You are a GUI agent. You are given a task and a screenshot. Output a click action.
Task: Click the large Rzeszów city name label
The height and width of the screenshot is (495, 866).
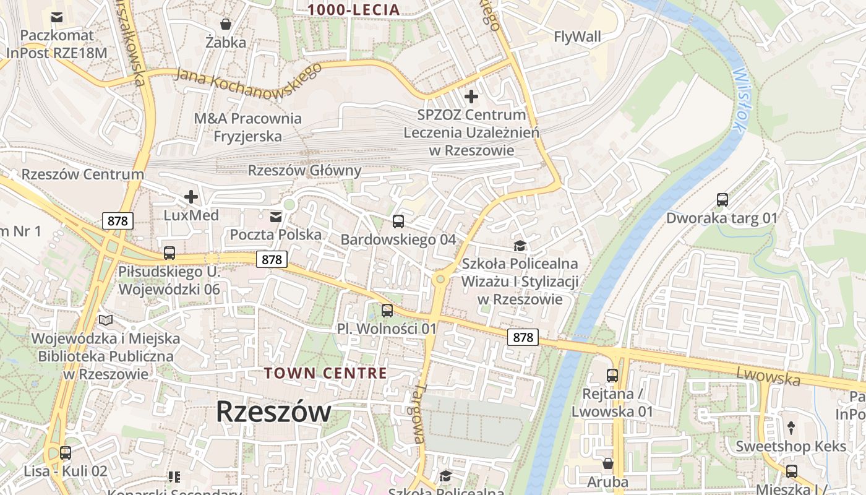(x=273, y=412)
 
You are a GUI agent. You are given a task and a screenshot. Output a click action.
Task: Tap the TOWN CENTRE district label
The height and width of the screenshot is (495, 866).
(x=325, y=373)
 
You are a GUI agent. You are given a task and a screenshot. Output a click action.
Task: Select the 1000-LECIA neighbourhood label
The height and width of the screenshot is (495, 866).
(x=354, y=9)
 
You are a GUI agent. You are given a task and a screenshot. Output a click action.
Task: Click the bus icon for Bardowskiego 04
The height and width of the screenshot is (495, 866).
(x=398, y=222)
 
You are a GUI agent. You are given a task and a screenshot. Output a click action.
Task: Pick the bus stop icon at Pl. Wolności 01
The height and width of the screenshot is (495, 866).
(x=387, y=311)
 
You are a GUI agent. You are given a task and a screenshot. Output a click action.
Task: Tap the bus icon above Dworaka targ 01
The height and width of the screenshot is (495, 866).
(x=722, y=200)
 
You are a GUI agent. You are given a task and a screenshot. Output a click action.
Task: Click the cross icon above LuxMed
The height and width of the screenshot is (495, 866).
(x=191, y=197)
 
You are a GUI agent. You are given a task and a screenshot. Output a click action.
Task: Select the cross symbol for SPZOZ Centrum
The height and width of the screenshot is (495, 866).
(x=471, y=97)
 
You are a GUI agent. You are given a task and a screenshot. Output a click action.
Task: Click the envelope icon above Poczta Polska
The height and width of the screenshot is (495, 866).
(x=276, y=217)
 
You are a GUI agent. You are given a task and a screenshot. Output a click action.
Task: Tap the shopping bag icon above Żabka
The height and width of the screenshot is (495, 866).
(x=226, y=24)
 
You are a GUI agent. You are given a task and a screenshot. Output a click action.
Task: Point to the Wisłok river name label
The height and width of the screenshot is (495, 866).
(x=738, y=99)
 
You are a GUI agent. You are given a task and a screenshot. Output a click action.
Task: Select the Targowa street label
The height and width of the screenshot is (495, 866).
(x=419, y=413)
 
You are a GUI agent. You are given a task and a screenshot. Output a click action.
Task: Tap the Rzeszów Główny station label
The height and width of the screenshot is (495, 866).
(x=304, y=170)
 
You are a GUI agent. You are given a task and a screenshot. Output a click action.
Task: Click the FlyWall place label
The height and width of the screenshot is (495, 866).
(x=577, y=37)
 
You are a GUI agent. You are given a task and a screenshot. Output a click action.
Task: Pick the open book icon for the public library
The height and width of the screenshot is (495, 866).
(x=106, y=321)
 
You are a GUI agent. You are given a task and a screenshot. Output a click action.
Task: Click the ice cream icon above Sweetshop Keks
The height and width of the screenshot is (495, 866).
(x=791, y=428)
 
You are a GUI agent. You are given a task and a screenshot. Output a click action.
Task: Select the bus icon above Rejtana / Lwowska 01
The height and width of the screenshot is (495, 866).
(x=612, y=376)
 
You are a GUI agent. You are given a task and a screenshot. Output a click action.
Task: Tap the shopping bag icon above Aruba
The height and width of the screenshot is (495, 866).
(x=608, y=463)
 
